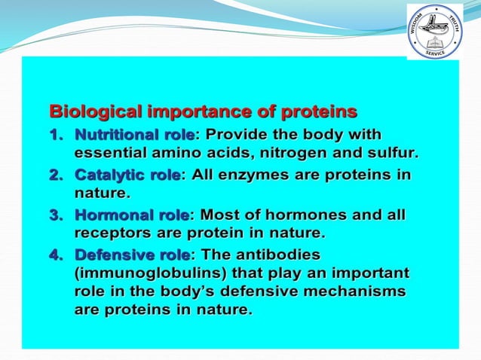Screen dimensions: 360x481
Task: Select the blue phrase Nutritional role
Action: coord(134,136)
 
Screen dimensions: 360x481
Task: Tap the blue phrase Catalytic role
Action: coord(127,175)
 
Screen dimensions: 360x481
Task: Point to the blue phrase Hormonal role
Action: coord(132,215)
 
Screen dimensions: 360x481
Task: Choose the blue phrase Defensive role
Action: coord(132,255)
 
